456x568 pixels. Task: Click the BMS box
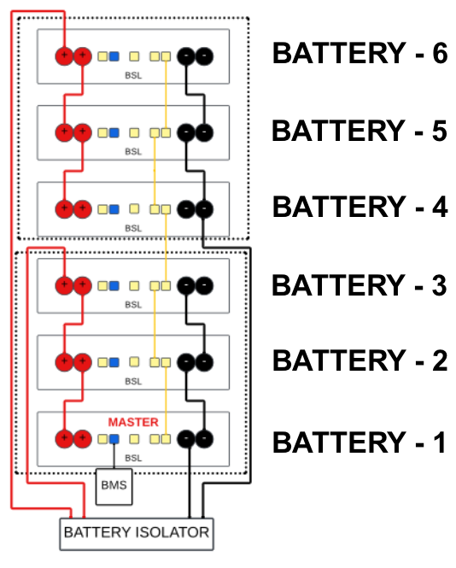[x=114, y=487]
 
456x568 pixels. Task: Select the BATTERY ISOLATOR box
[x=137, y=535]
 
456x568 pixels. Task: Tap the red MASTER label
[x=133, y=422]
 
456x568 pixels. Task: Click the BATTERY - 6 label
[x=360, y=53]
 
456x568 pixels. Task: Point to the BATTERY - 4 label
[x=360, y=207]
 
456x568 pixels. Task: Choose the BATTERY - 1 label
[x=360, y=442]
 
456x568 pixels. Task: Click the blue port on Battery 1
[x=114, y=439]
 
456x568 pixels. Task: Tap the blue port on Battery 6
[x=114, y=56]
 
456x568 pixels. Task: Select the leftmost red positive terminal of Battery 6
[x=64, y=56]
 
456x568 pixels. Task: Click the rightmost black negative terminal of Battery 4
[x=204, y=209]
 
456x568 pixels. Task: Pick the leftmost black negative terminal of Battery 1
[x=186, y=439]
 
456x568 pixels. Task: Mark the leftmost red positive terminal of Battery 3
[x=64, y=285]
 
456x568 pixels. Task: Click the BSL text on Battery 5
[x=133, y=151]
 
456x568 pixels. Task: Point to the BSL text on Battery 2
[x=133, y=382]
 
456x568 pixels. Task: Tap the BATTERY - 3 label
[x=360, y=285]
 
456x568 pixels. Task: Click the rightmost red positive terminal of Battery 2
[x=83, y=362]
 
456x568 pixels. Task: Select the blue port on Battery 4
[x=114, y=209]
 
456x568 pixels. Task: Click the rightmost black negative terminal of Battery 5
[x=204, y=132]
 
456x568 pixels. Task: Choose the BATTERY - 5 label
[x=360, y=131]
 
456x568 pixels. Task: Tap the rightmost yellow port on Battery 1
[x=166, y=439]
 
